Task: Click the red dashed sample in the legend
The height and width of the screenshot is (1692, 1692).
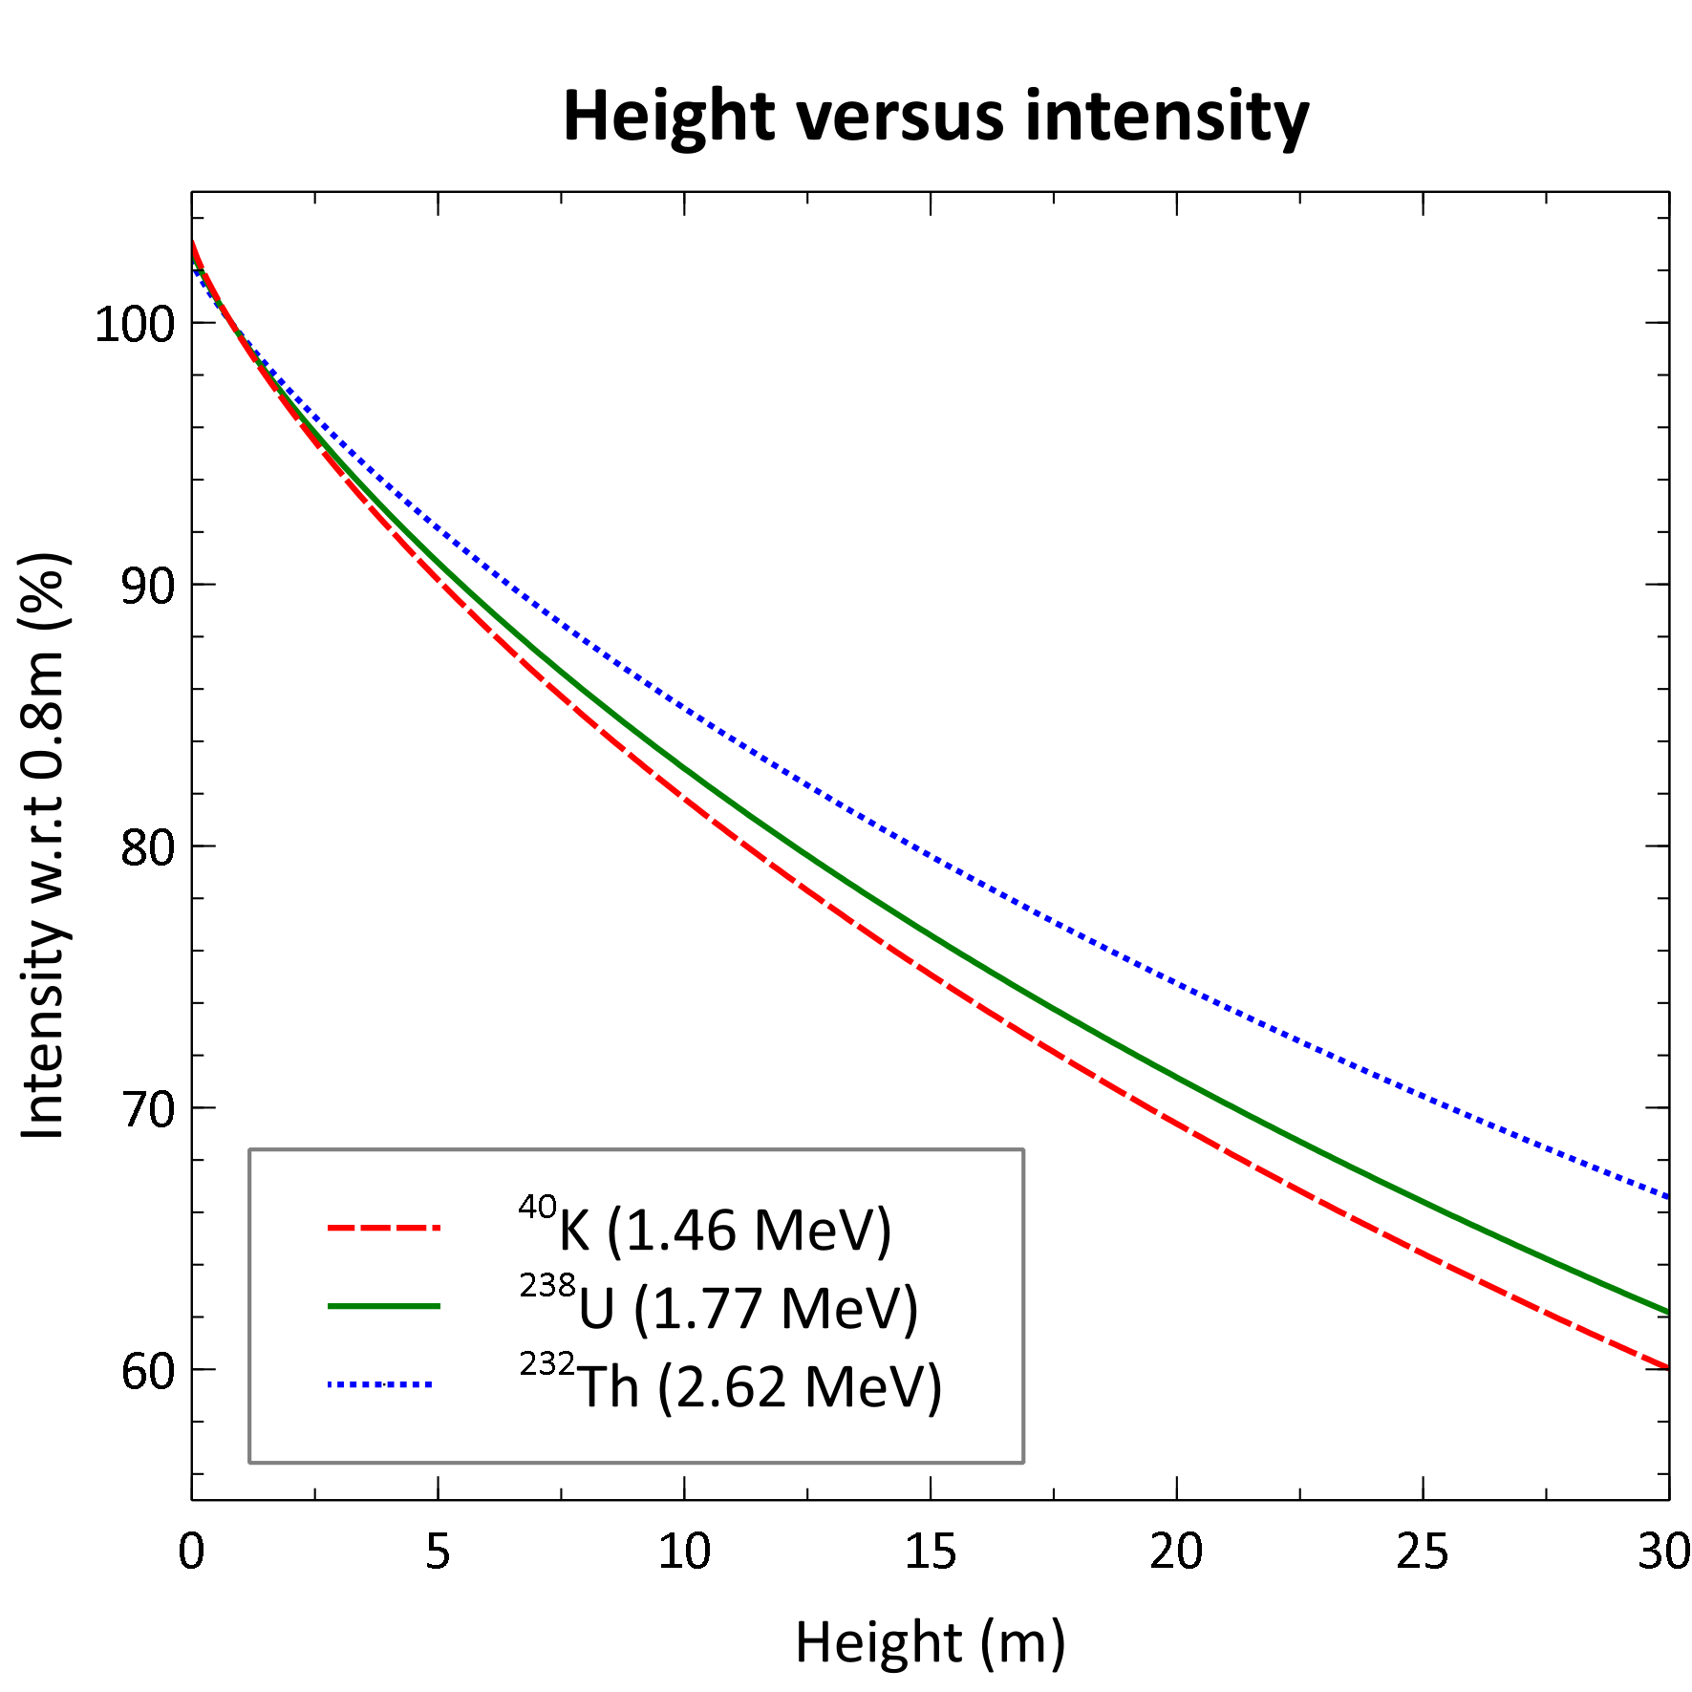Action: tap(383, 1228)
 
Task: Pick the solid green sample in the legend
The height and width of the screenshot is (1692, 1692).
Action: tap(383, 1306)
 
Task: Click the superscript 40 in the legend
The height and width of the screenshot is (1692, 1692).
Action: tap(537, 1208)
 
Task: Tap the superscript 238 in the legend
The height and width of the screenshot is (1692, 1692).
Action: tap(547, 1286)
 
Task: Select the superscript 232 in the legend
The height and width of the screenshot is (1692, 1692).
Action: tap(547, 1364)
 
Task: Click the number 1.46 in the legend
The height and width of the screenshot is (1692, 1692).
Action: tap(683, 1231)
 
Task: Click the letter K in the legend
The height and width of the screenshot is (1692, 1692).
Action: tap(574, 1231)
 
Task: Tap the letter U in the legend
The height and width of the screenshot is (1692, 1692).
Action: tap(596, 1309)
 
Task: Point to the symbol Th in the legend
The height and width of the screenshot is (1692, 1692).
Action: tap(609, 1387)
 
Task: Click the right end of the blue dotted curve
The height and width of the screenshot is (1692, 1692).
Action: tap(1665, 1196)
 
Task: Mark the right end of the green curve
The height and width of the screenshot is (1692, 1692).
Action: tap(1665, 1312)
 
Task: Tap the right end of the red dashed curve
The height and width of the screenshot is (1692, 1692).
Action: tap(1665, 1367)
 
